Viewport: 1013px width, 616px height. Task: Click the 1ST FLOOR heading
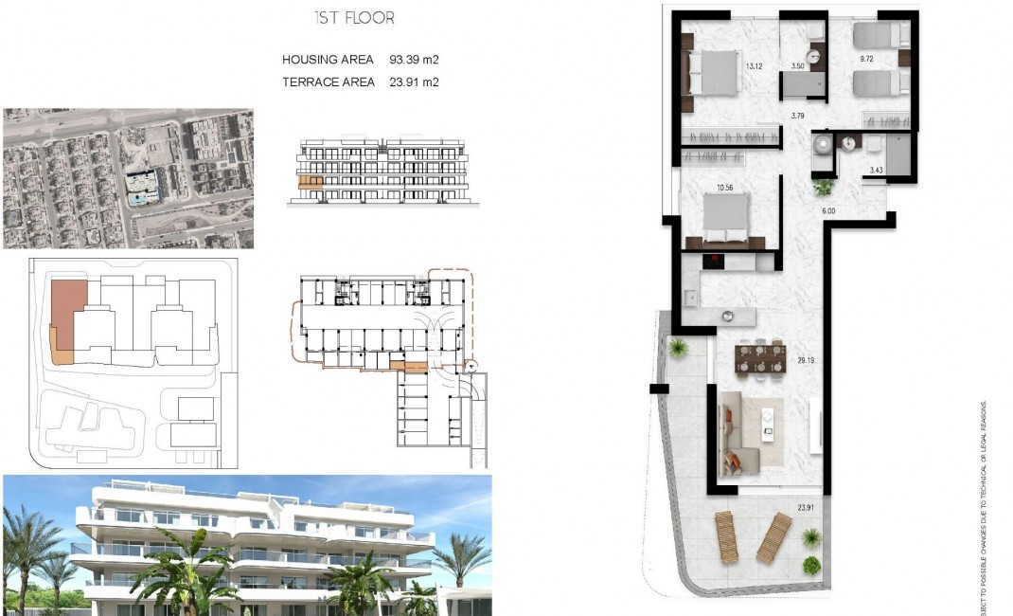tap(353, 18)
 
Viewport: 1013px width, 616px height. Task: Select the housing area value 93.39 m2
tap(414, 60)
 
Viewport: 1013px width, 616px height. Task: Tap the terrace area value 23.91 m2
tap(414, 82)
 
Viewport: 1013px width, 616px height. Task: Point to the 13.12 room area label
tap(754, 66)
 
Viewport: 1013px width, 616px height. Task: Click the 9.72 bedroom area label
tap(865, 59)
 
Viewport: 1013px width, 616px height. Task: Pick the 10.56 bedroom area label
tap(725, 188)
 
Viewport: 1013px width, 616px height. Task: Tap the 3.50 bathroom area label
tap(797, 67)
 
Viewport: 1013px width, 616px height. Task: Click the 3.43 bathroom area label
tap(876, 170)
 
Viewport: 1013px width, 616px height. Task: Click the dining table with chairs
tap(761, 359)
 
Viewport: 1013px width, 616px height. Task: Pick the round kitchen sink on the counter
tap(728, 316)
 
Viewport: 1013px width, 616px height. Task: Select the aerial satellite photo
tap(128, 178)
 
